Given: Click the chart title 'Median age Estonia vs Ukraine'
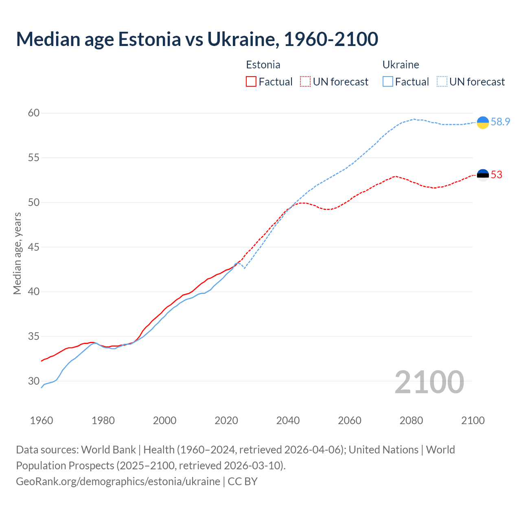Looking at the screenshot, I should pos(197,39).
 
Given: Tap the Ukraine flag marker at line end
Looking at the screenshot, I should pos(483,122).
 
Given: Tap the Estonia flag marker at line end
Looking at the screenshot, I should pos(483,175).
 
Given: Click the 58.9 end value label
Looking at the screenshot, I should pos(500,122).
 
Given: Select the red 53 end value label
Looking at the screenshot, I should pos(497,175).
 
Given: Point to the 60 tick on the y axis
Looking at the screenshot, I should pos(34,113).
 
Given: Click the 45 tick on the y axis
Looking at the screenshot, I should pos(34,247).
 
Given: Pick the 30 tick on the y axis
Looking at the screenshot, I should pos(34,381).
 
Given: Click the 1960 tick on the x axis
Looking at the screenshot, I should pos(42,420).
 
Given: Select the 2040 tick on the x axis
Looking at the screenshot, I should pos(288,420).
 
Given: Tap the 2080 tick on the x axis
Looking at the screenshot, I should pos(411,420).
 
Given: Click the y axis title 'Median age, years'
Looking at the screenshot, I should pos(17,253).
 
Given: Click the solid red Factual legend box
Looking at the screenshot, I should pos(251,82).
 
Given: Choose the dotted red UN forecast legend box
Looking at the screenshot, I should pos(305,82).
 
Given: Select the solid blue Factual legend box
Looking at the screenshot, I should pos(388,82).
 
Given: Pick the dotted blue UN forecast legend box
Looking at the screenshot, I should pos(442,82).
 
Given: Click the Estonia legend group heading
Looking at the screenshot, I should pos(263,65).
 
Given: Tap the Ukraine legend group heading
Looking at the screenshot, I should pos(401,65).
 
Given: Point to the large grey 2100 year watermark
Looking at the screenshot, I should pos(429,382).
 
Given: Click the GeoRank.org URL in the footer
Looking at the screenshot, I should pos(118,482).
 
